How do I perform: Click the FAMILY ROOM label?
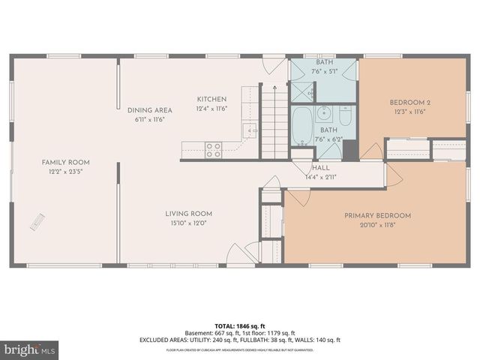click(66, 162)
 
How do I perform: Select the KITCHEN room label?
click(211, 99)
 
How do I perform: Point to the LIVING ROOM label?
click(189, 214)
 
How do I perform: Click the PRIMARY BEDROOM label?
click(377, 215)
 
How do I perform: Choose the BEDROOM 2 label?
click(410, 102)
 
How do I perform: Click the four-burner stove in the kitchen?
click(213, 149)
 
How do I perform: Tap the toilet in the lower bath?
click(345, 117)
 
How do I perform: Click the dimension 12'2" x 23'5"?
click(66, 171)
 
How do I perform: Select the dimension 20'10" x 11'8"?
click(377, 224)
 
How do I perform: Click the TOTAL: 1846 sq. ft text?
click(239, 325)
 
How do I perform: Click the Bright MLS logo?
click(30, 349)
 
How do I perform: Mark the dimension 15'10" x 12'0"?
click(189, 223)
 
